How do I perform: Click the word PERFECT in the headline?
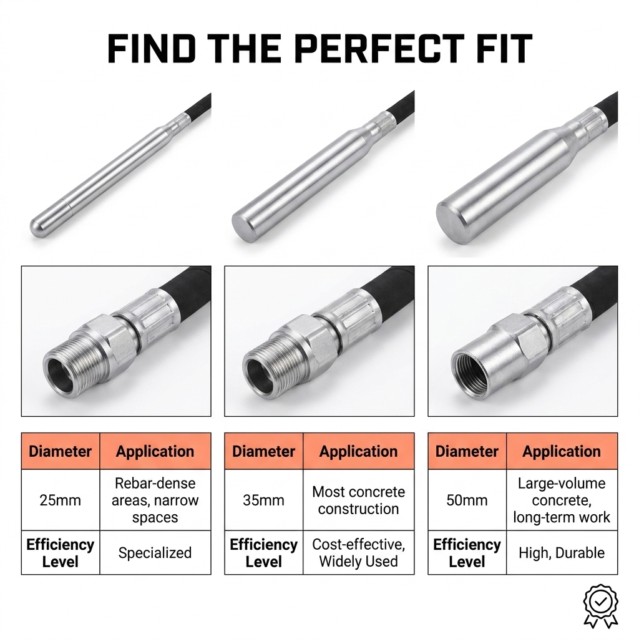pos(379,49)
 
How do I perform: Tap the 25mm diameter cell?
pos(61,500)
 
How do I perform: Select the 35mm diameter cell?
pos(264,500)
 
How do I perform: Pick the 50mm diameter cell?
pos(467,500)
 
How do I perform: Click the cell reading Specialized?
pos(155,553)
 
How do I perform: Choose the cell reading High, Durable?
pos(562,553)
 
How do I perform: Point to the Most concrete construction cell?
pos(359,500)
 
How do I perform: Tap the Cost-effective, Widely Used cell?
pos(359,553)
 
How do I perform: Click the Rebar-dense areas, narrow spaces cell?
pos(155,500)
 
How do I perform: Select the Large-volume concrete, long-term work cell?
pos(562,500)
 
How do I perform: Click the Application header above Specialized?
pos(155,451)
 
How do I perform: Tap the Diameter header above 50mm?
pos(467,451)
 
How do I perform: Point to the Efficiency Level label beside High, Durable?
pos(467,553)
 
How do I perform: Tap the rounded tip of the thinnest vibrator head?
pos(38,227)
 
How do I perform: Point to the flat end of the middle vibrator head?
pos(243,228)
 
